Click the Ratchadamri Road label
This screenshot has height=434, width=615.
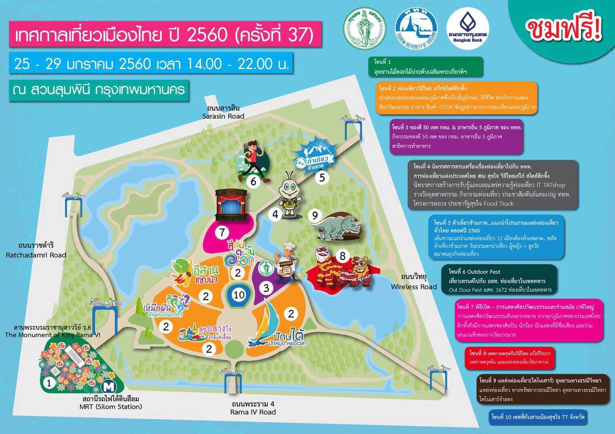coord(36,251)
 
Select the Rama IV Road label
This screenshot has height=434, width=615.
coord(253,408)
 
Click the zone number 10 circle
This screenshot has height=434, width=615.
coord(239,294)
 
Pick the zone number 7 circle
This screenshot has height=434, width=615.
coord(222,232)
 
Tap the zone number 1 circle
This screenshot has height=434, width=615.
coord(49,381)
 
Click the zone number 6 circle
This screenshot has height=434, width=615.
coord(253,181)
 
